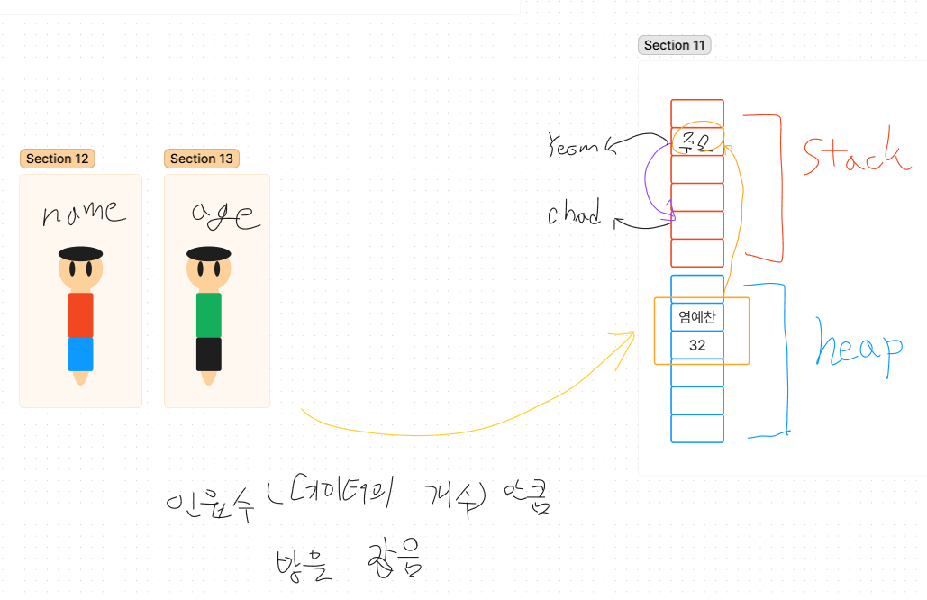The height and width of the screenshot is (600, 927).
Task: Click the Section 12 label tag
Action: pos(57,159)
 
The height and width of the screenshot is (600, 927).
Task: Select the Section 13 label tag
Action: pos(201,159)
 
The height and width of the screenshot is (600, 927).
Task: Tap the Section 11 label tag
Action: pos(674,45)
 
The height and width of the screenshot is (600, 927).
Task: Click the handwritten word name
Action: pos(84,212)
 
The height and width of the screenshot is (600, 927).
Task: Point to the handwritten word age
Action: pos(224,214)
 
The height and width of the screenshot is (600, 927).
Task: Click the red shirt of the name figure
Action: pos(81,314)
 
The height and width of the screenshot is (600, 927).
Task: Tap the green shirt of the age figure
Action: pos(209,314)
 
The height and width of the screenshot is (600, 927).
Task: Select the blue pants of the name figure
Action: pos(81,354)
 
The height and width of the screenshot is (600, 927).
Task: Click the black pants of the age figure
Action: pos(209,354)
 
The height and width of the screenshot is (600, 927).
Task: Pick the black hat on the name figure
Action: pos(81,253)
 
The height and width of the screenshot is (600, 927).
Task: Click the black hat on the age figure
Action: pos(209,253)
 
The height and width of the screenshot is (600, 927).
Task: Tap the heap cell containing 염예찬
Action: pos(697,317)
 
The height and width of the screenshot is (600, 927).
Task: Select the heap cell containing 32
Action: pos(697,345)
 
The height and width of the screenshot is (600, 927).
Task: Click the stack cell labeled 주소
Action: pos(697,141)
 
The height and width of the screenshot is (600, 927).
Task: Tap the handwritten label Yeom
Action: pos(574,147)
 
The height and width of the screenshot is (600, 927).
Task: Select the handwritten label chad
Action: pos(574,214)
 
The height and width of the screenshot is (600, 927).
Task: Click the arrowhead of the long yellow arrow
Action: pos(631,334)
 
